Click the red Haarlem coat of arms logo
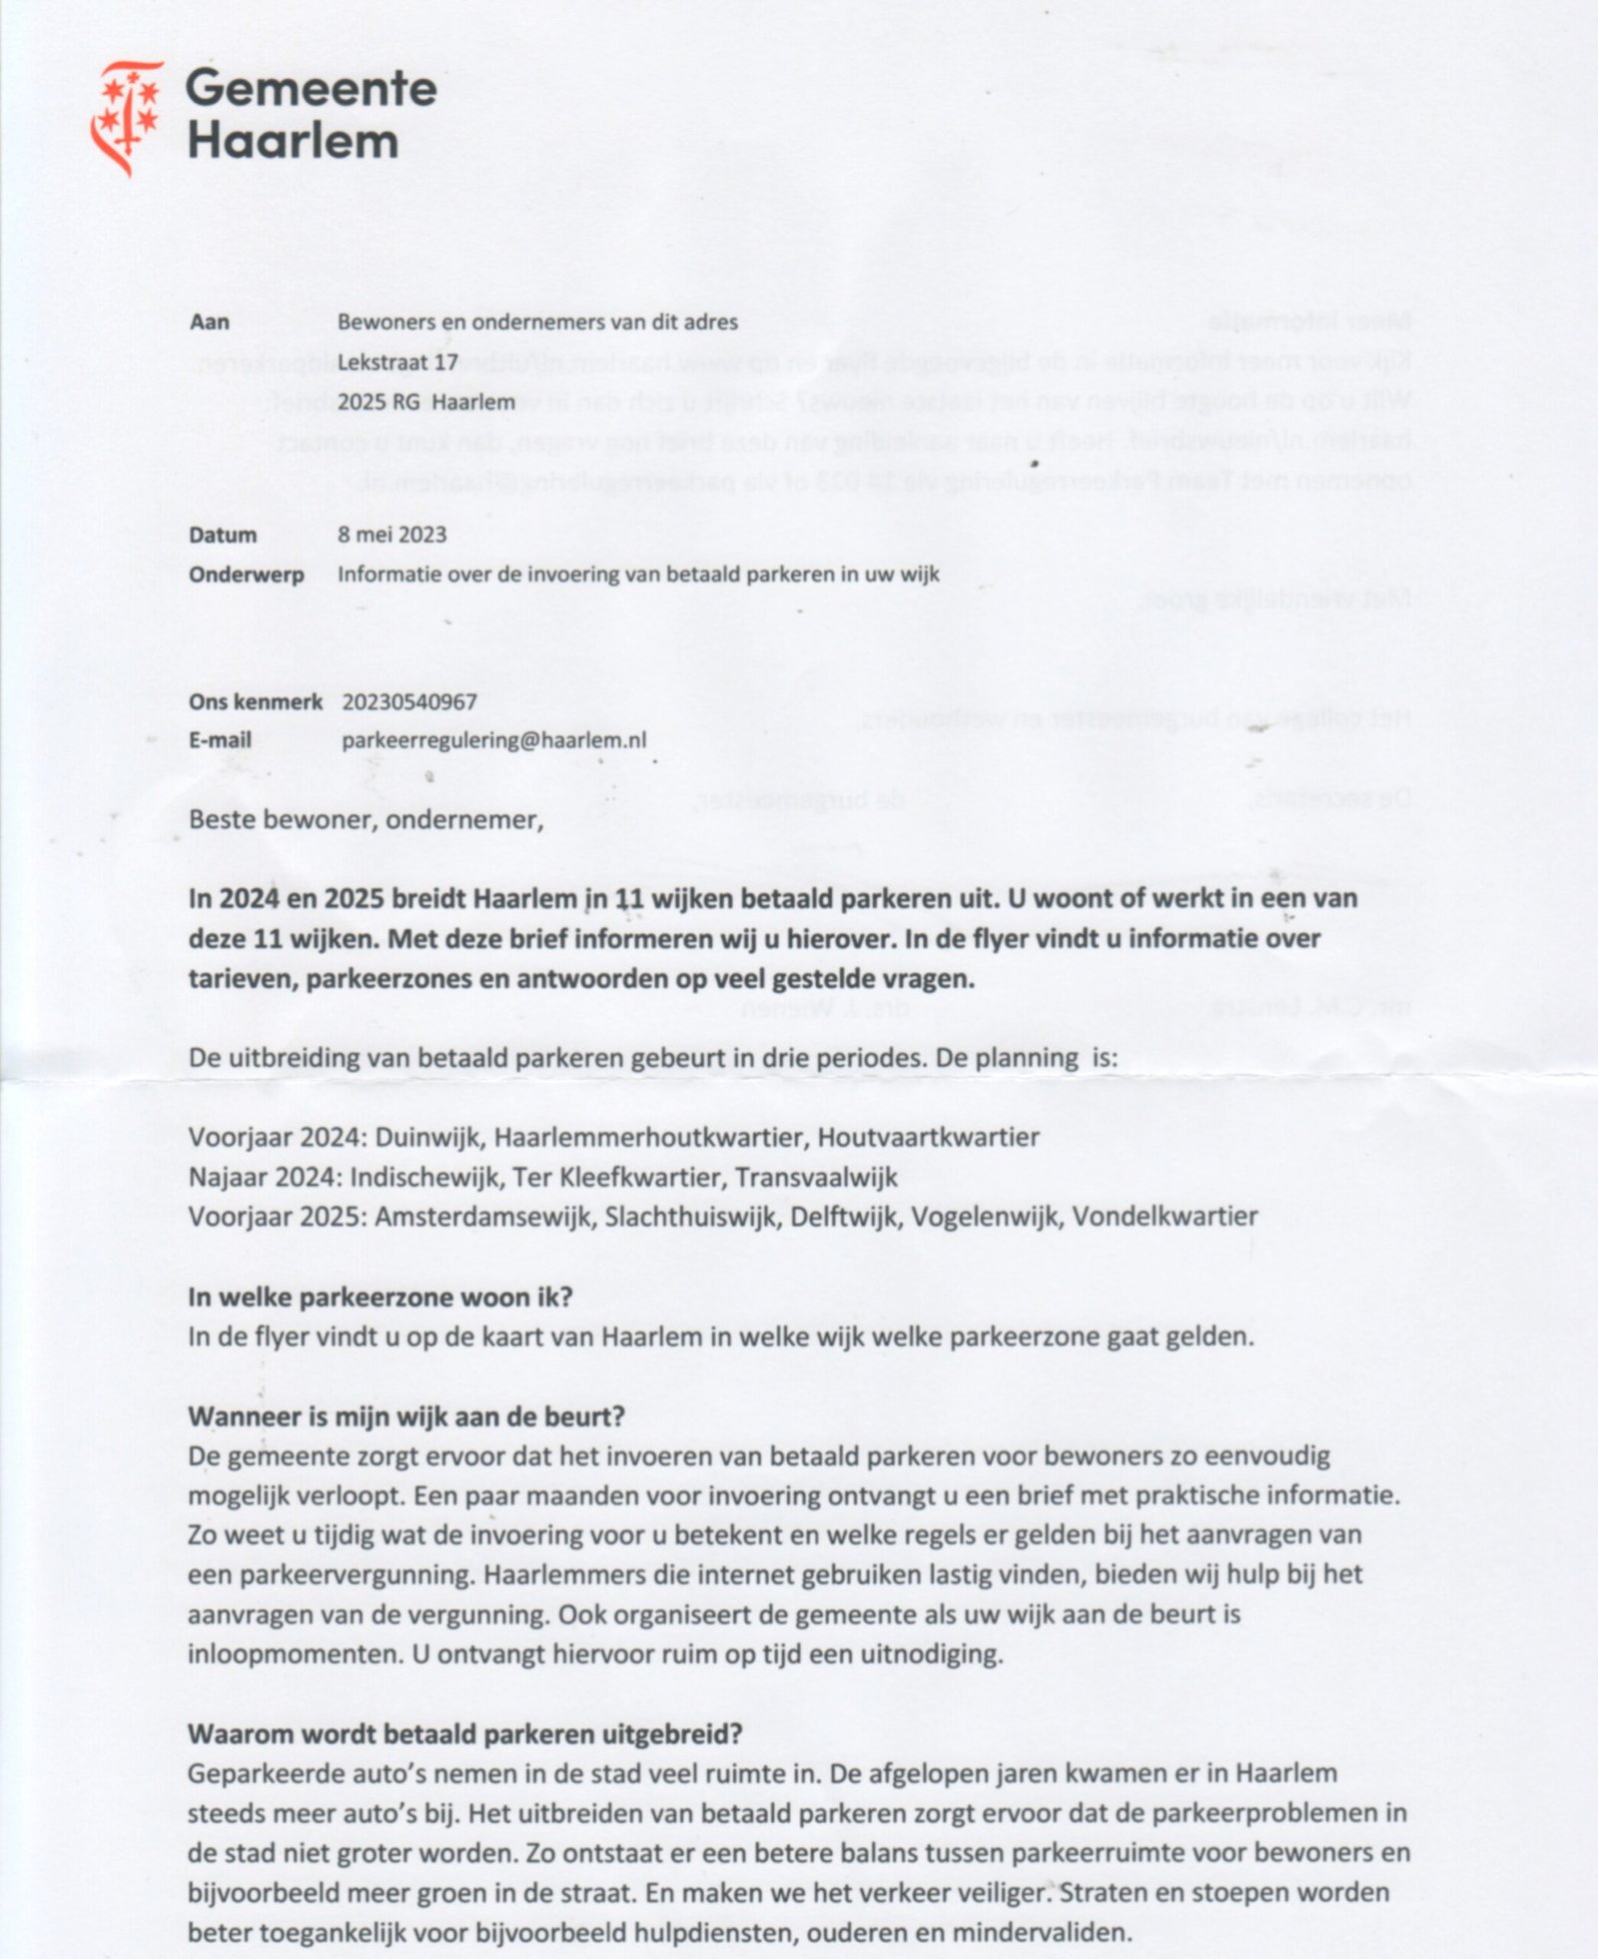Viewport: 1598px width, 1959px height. coord(126,116)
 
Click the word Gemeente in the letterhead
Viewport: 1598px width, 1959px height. coord(311,89)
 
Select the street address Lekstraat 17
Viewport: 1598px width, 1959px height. coord(398,363)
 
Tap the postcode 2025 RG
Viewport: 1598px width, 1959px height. coord(379,403)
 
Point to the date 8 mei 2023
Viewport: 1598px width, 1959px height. coord(392,534)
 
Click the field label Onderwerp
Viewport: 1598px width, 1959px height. coord(246,574)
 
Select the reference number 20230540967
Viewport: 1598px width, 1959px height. coord(409,702)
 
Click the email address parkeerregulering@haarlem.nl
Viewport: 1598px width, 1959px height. coord(493,740)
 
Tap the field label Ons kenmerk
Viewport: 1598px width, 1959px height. coord(255,702)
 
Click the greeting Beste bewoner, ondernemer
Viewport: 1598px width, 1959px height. coord(366,820)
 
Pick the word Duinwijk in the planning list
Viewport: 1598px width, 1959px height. coord(429,1138)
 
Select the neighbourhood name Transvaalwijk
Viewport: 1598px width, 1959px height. coord(816,1178)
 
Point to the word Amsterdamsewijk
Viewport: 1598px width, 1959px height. coord(482,1218)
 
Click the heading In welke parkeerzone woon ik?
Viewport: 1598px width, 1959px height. coord(380,1298)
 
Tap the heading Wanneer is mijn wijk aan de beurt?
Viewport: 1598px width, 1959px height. coord(405,1417)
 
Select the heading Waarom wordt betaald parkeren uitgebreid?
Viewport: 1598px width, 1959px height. coord(464,1734)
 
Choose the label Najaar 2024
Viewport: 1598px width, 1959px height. coord(265,1178)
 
